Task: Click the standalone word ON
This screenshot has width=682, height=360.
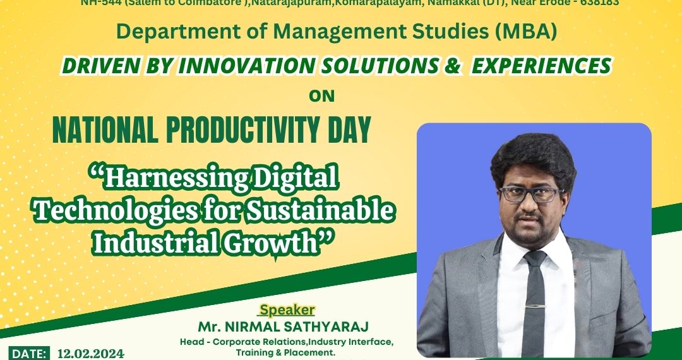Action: click(x=322, y=97)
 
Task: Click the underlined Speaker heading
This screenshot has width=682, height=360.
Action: click(x=287, y=310)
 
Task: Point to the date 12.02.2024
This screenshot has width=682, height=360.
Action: click(x=91, y=354)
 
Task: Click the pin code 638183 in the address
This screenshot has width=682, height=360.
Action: click(x=597, y=3)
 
